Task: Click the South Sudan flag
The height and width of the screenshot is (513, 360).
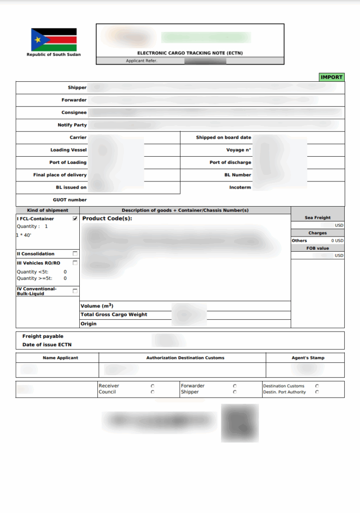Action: (x=54, y=40)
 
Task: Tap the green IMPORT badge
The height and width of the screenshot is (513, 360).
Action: (x=332, y=77)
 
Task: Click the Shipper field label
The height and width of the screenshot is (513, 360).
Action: (x=77, y=88)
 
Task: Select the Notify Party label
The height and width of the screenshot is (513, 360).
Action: (x=72, y=125)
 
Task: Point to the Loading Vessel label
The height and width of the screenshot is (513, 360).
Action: (x=68, y=150)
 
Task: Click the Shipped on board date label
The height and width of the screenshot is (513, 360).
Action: (x=223, y=138)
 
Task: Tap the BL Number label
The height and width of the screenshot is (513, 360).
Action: (x=237, y=175)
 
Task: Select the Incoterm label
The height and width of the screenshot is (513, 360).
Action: (x=240, y=187)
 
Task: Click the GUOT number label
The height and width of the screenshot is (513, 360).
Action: (x=70, y=200)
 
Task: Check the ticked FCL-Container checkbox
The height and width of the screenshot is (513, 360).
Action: (x=75, y=218)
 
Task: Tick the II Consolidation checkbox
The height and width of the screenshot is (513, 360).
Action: (x=75, y=254)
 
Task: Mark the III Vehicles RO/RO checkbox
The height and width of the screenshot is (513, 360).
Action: (x=75, y=263)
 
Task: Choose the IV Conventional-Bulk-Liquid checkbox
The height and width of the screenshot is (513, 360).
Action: (x=75, y=291)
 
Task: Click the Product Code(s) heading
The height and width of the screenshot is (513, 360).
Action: (x=107, y=218)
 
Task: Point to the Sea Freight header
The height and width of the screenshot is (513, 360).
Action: (x=317, y=218)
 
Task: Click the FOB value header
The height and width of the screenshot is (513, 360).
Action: (x=317, y=248)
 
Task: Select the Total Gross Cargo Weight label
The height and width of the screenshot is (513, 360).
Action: (x=114, y=314)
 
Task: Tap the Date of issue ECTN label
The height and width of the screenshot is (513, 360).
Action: (x=47, y=344)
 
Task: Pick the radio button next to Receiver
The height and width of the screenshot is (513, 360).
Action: (x=152, y=386)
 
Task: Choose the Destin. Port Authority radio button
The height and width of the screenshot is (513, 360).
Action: (x=317, y=392)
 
